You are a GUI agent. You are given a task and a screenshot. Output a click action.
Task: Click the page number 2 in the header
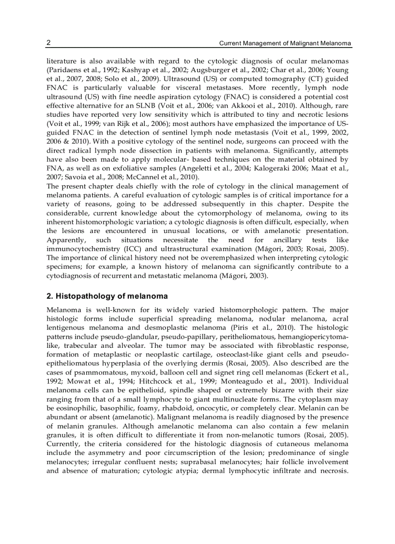click(x=49, y=43)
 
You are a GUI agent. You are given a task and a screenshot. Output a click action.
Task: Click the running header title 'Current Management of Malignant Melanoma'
click(x=285, y=43)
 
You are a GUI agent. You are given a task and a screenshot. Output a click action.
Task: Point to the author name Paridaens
click(x=63, y=70)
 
